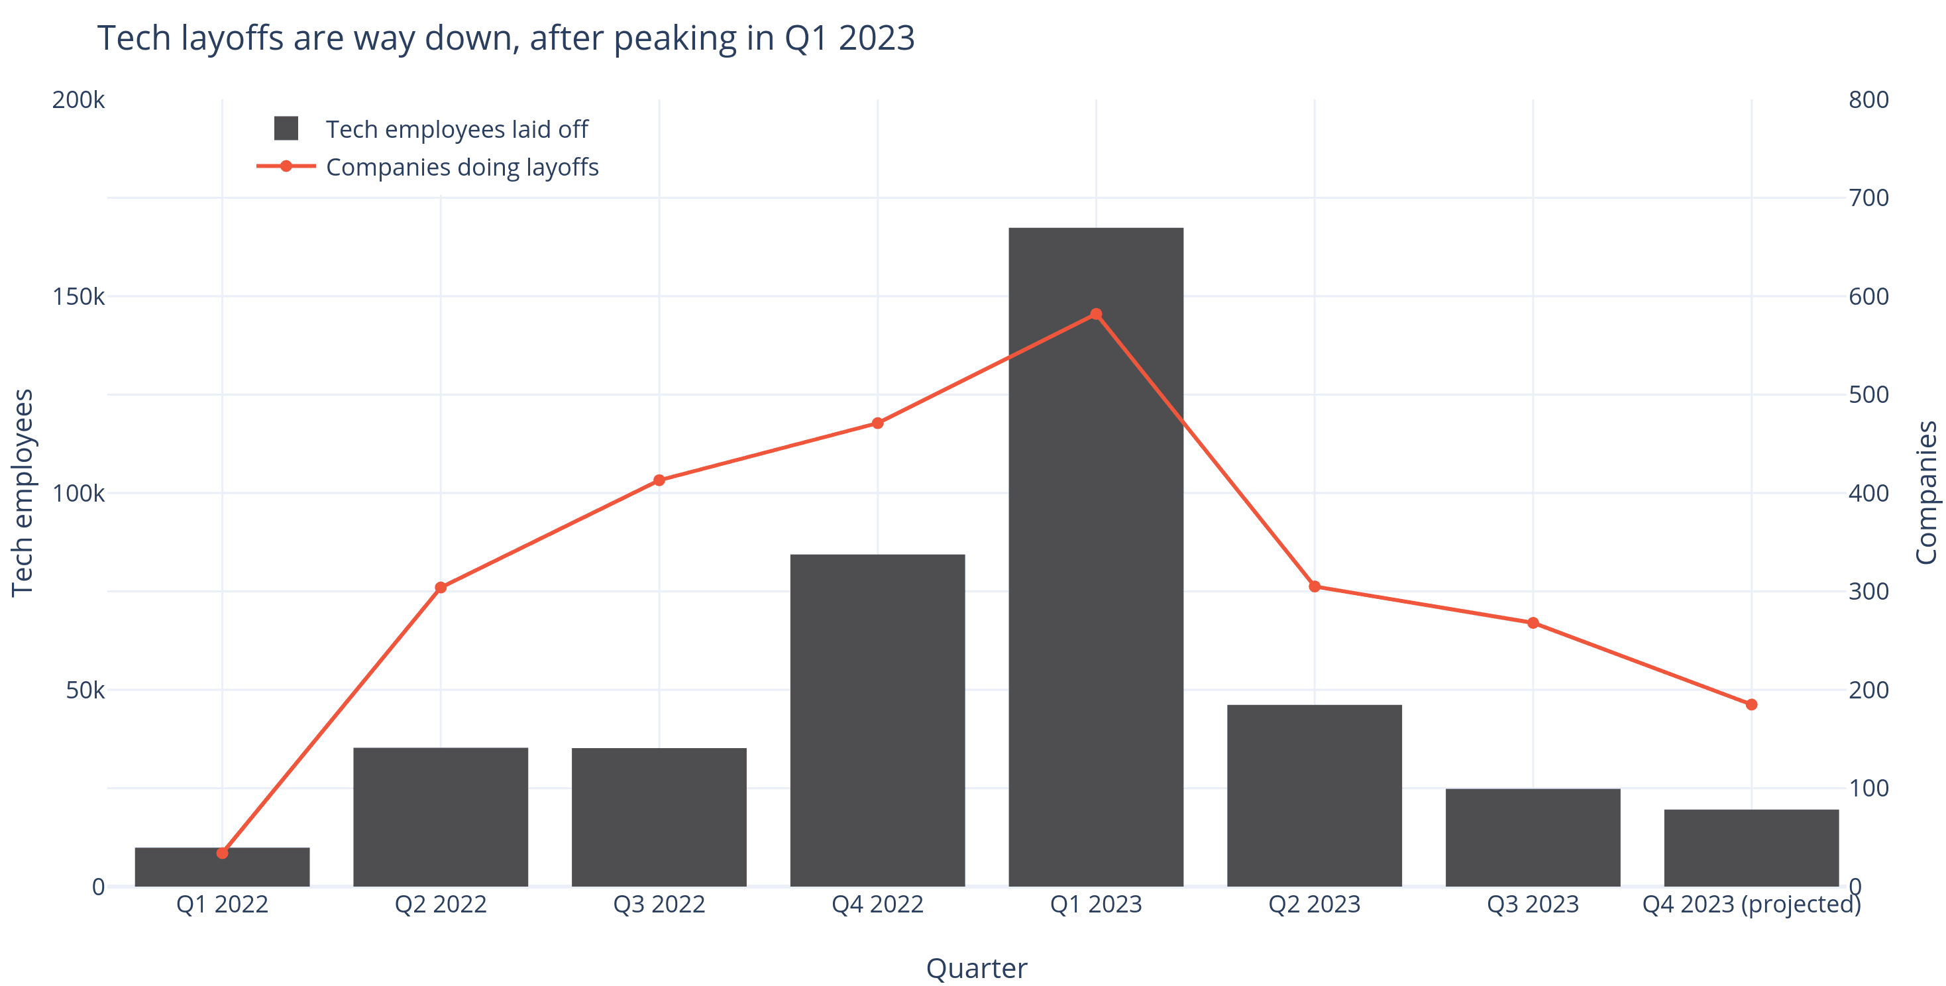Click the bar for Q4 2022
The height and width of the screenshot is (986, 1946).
[877, 718]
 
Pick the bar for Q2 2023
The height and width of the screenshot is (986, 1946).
[1314, 793]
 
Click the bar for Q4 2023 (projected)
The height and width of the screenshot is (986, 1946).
[1751, 846]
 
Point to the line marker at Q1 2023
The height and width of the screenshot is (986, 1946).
[1095, 314]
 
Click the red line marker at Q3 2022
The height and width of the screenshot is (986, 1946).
[659, 480]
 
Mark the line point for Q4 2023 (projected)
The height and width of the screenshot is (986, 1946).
[1751, 704]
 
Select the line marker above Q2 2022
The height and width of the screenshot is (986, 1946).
[441, 587]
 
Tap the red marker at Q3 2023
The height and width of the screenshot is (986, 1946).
[1532, 623]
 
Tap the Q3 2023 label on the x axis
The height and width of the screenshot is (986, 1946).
[1532, 904]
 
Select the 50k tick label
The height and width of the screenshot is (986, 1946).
[84, 690]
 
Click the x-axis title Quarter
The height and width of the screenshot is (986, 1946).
[976, 968]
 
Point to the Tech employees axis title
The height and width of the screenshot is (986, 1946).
[23, 492]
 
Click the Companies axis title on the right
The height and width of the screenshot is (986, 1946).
[1925, 492]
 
